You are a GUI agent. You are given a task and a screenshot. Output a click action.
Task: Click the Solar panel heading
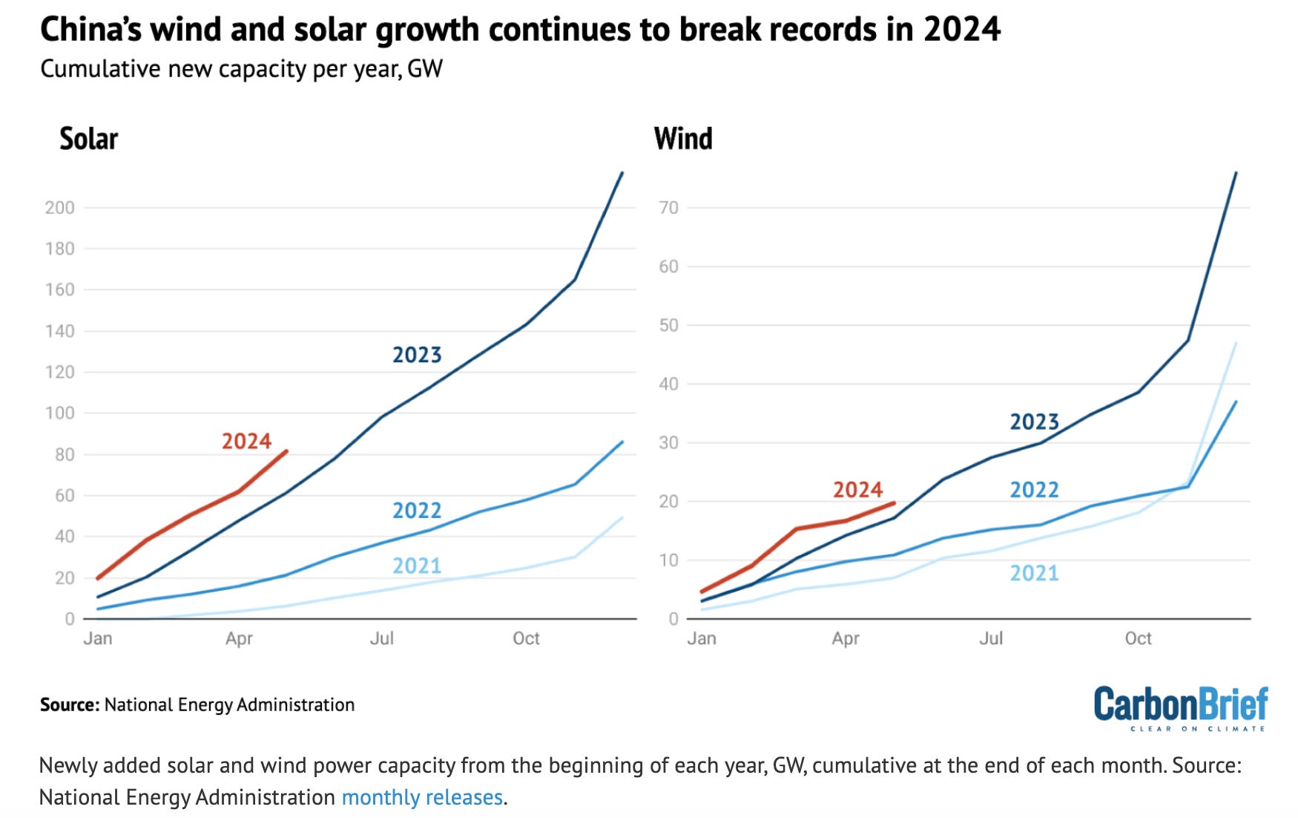[x=89, y=139]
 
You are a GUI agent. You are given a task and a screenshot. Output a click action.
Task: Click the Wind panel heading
[x=683, y=139]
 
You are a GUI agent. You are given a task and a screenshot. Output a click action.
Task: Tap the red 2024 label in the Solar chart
[x=246, y=441]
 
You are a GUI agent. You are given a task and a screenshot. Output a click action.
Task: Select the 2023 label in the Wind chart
[x=1034, y=422]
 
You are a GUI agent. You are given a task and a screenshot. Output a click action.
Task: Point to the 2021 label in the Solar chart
[x=417, y=566]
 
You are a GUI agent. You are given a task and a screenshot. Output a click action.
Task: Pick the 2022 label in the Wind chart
[x=1034, y=490]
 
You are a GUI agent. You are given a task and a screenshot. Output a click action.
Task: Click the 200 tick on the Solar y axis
[x=60, y=208]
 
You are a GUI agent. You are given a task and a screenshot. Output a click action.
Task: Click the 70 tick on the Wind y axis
[x=669, y=208]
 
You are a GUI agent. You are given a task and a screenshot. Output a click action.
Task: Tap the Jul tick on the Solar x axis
[x=382, y=638]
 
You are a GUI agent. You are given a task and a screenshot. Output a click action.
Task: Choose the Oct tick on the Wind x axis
[x=1138, y=638]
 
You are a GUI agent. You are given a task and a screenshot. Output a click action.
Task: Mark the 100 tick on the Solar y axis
[x=60, y=413]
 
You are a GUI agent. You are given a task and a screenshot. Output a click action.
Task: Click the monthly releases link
[x=422, y=797]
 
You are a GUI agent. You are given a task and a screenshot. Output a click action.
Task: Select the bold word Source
[x=69, y=704]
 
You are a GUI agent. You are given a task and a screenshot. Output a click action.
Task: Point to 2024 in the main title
[x=962, y=30]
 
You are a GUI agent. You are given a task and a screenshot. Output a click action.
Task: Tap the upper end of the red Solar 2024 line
[x=286, y=451]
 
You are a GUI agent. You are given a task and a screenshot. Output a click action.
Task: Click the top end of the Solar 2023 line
[x=622, y=173]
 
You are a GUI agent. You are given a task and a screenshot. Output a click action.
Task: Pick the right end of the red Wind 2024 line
[x=894, y=503]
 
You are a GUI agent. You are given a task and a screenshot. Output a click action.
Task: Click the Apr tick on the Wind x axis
[x=846, y=638]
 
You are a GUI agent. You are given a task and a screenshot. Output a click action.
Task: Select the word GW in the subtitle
[x=425, y=69]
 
